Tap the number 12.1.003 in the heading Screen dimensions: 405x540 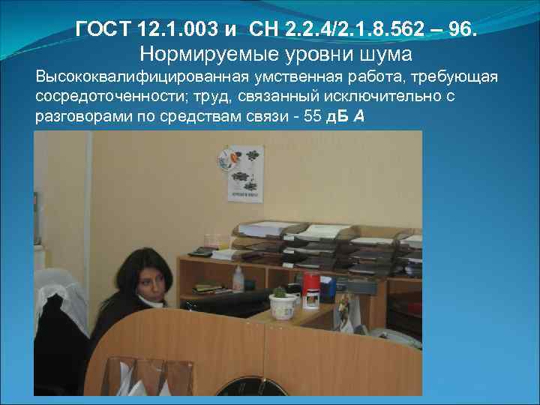pos(174,31)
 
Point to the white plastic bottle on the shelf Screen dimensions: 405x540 pos(238,279)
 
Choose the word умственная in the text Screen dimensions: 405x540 pos(279,79)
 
